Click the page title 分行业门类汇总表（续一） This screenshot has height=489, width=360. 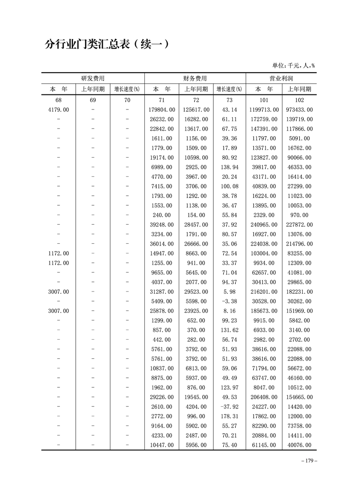[x=107, y=44]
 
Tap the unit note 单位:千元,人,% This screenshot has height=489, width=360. [x=293, y=65]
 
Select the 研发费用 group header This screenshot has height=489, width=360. [x=93, y=78]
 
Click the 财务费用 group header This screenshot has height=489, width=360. [x=195, y=78]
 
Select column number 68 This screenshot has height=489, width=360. [x=59, y=100]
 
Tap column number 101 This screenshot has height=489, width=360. [x=264, y=100]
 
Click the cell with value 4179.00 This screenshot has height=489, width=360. [x=59, y=109]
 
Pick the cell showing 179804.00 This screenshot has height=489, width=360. [x=162, y=109]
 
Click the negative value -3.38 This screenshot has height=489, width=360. [x=229, y=301]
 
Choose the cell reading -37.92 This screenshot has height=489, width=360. [x=229, y=407]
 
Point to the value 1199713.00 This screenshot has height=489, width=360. [x=264, y=109]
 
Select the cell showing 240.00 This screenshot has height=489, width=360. [x=162, y=215]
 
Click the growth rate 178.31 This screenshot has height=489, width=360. [x=229, y=416]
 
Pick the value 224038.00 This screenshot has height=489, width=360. [x=264, y=244]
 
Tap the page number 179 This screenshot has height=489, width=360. [x=309, y=460]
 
